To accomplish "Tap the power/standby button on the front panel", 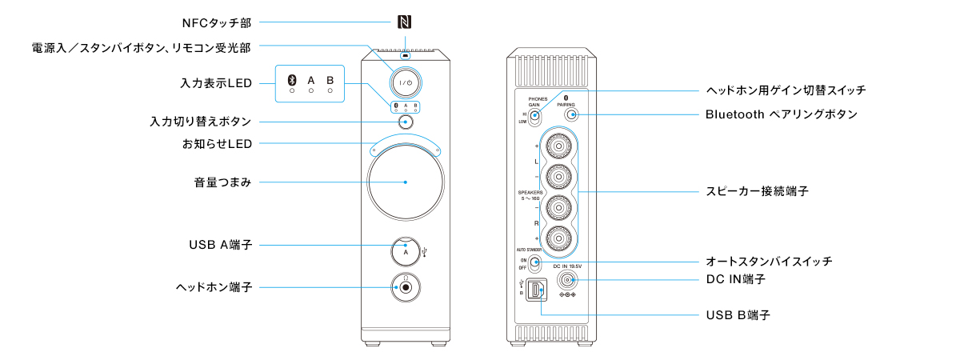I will coord(406,82).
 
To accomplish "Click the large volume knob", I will coord(406,182).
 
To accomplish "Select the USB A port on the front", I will coord(406,250).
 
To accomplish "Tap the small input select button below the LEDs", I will coord(406,122).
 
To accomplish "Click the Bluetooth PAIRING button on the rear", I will coord(571,114).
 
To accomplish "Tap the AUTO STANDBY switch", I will coord(534,265).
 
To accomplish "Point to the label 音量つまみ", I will coord(218,182).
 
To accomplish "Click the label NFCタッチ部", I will coord(218,23).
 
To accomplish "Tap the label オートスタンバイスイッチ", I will coord(769,262).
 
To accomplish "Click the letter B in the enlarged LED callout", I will coord(330,80).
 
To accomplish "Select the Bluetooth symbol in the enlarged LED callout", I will coord(292,80).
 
